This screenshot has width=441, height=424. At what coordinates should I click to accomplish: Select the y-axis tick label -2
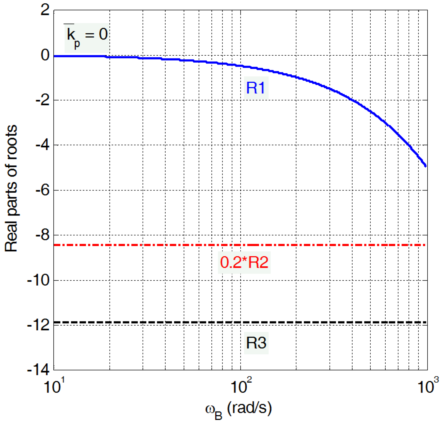coord(42,100)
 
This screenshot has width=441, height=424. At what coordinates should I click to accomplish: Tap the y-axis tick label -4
coord(42,145)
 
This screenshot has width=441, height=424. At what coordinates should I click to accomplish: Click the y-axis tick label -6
coord(42,190)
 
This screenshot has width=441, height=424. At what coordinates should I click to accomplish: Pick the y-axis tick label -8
coord(42,235)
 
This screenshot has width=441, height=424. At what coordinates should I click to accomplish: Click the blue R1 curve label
coord(256,88)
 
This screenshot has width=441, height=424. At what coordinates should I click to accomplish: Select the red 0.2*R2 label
coord(244,262)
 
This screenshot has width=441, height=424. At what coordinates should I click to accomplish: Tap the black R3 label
coord(256,343)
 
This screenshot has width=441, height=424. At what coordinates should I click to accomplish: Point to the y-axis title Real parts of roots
coord(11,189)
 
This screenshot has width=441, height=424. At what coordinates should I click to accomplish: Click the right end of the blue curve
coord(425,166)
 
